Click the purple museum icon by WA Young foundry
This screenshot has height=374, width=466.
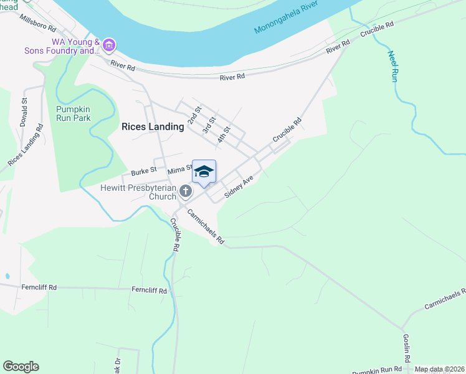click(110, 45)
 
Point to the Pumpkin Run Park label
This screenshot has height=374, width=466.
click(69, 113)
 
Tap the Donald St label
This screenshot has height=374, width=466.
click(24, 112)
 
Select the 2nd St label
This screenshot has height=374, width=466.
click(195, 115)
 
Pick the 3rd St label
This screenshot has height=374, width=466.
click(209, 125)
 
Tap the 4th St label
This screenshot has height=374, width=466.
click(224, 135)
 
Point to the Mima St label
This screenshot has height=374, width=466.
click(180, 168)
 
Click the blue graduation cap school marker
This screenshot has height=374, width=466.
click(204, 171)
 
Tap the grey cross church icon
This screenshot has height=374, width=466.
click(185, 191)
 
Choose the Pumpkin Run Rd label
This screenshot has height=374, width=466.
click(374, 369)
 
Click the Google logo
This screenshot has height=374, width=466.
click(21, 367)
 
